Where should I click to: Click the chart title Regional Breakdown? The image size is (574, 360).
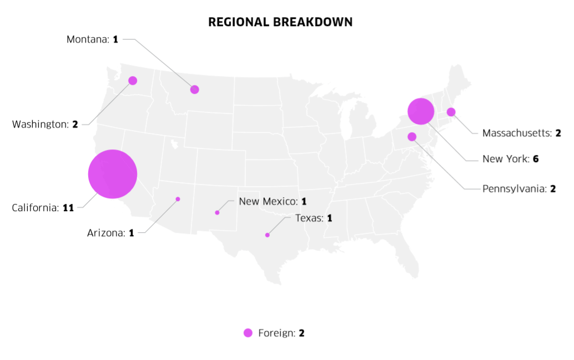tap(280, 22)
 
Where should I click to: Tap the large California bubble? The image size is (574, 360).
tap(113, 174)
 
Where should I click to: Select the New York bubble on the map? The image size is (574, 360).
tap(420, 112)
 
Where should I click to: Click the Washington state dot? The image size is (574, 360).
tap(133, 81)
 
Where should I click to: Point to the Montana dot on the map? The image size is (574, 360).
tap(194, 89)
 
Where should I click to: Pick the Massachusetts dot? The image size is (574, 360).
tap(451, 112)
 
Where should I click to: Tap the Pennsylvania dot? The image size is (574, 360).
tap(412, 137)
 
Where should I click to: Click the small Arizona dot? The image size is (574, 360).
tap(178, 199)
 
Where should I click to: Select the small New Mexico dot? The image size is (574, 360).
tap(217, 213)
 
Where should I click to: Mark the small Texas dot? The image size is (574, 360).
tap(267, 235)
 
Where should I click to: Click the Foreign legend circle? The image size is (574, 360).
tap(248, 333)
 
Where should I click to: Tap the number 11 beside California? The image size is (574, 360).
tap(68, 208)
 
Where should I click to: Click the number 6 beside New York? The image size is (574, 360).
tap(536, 159)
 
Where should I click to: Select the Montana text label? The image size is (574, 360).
tap(88, 39)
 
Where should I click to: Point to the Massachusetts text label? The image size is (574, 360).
tap(517, 133)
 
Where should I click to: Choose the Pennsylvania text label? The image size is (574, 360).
tap(514, 189)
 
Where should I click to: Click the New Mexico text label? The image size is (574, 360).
tap(268, 201)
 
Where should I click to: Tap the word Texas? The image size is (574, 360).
tap(308, 218)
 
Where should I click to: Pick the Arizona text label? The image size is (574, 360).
tap(106, 233)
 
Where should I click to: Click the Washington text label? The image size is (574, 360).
tap(39, 124)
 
